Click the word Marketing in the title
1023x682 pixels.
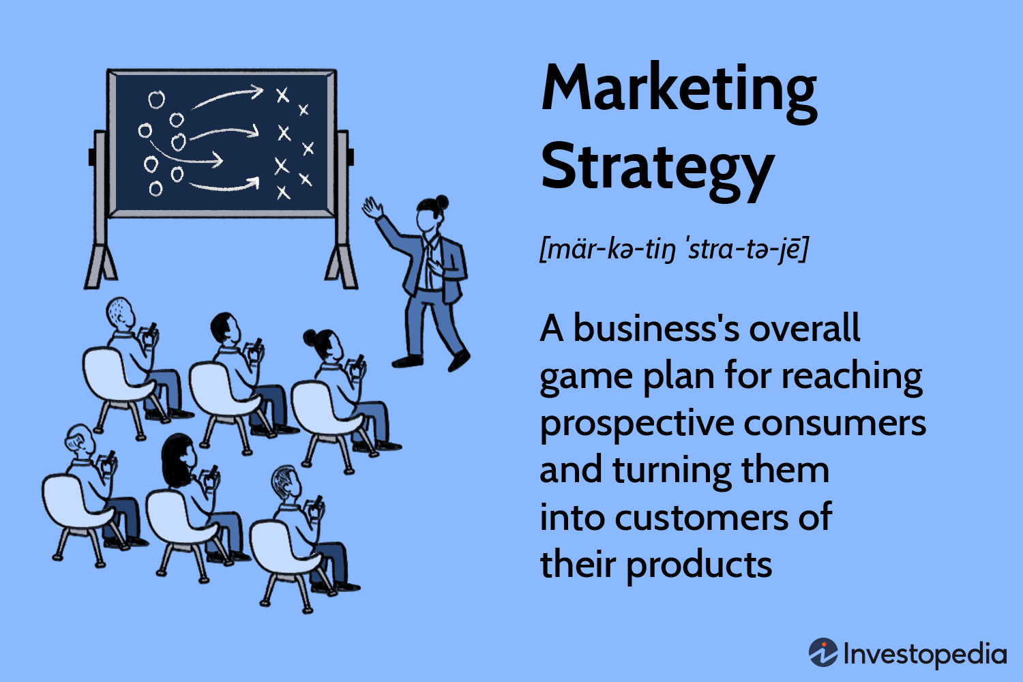(x=679, y=89)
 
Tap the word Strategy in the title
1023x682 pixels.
(x=657, y=168)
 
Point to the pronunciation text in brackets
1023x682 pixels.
(x=673, y=249)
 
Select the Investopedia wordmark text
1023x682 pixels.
(x=924, y=653)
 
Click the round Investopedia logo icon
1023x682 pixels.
(x=823, y=653)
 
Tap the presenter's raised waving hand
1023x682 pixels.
(x=372, y=207)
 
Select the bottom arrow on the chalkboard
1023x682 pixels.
(x=224, y=185)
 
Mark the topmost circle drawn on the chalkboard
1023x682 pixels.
(x=157, y=100)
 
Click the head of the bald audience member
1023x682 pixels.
(x=120, y=312)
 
